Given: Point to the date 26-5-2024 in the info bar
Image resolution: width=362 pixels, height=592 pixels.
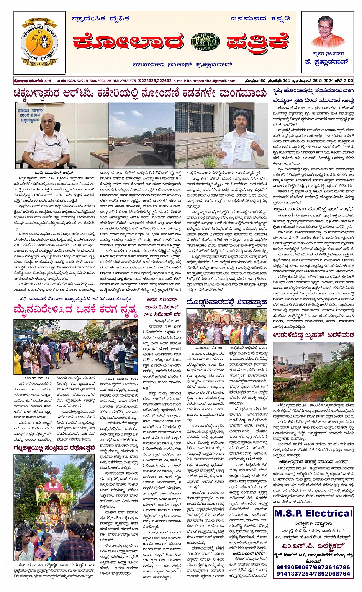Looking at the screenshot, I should point(320,80).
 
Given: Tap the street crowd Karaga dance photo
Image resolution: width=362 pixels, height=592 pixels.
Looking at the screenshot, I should point(75,347).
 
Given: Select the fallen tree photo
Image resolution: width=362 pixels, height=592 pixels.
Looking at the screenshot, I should point(313,371).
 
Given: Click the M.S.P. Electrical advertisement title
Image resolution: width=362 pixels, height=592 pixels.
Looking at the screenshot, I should point(313,513).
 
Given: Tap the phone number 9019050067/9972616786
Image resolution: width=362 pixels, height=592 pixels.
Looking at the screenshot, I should point(313,567).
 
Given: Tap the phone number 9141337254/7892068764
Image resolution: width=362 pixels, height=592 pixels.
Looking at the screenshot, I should point(313,573).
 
